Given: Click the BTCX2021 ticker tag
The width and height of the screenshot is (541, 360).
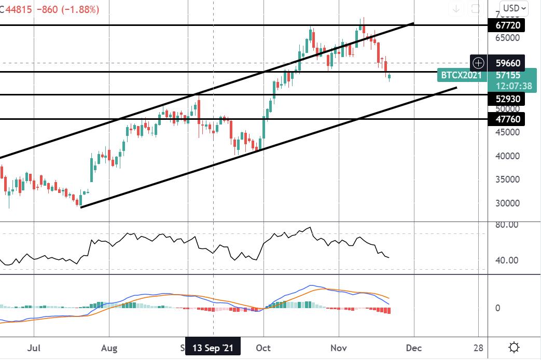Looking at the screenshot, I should pos(461,75).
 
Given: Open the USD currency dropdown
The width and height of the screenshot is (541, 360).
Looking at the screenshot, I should pos(516,8).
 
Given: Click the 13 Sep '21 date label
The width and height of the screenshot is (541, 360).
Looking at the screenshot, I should pos(213,348).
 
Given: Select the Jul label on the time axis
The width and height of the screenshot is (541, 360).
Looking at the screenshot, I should pos(34,348).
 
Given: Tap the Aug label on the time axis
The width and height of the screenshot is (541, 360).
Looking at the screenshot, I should pos(109,348).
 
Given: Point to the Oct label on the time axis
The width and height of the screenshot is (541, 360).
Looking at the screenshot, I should pos(263,348).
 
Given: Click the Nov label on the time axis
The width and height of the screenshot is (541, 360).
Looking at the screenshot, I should pos(338,348).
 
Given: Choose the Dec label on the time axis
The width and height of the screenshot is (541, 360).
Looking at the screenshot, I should pos(414,348).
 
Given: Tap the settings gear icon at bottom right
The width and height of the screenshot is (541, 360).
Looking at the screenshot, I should pos(514,347).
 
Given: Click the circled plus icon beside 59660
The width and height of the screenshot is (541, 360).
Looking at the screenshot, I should pos(478,63).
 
